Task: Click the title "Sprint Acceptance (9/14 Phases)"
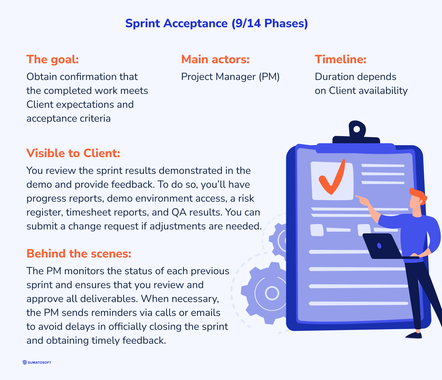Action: [216, 23]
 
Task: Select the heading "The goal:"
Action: [52, 60]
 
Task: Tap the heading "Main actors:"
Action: [215, 60]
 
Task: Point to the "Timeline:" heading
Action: [341, 60]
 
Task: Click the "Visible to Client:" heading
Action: [73, 153]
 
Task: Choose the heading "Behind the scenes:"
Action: [79, 254]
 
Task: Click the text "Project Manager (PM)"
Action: [230, 77]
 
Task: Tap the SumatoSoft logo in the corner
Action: [37, 362]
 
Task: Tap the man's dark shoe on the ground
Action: [414, 335]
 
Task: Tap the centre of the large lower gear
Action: [272, 293]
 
